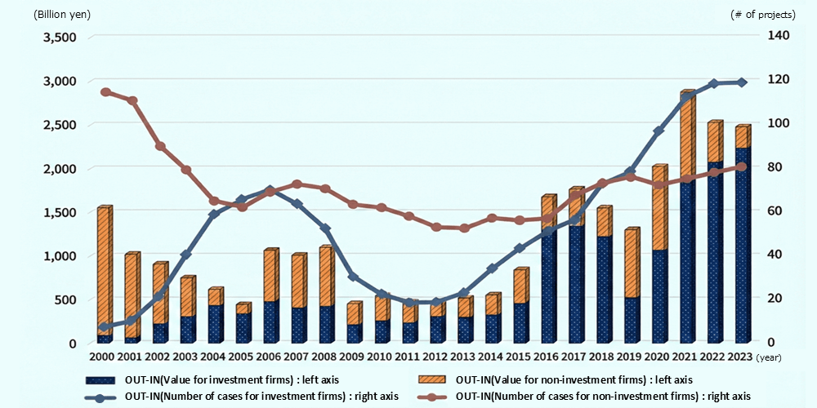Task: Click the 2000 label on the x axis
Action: point(102,357)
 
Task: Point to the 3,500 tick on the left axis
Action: point(60,38)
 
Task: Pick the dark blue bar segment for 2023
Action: point(742,245)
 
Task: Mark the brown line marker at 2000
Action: point(105,92)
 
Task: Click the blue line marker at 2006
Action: point(270,190)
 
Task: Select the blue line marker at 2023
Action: point(742,82)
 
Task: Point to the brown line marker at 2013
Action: point(464,228)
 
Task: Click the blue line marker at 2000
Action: point(104,327)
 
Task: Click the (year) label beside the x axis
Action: point(769,357)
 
